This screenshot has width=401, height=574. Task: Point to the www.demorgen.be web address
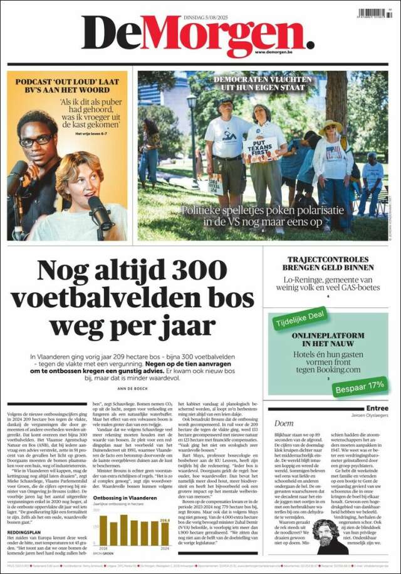pyautogui.click(x=283, y=52)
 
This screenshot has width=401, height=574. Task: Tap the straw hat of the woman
pyautogui.click(x=330, y=126)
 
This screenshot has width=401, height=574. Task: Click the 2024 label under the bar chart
pyautogui.click(x=164, y=548)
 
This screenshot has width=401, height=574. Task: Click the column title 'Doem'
pyautogui.click(x=284, y=423)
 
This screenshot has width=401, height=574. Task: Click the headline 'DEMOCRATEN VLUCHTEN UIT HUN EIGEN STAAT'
pyautogui.click(x=264, y=85)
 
